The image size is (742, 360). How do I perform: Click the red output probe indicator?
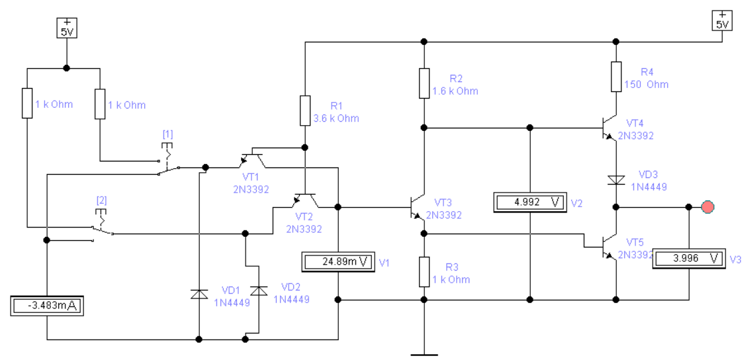tap(708, 206)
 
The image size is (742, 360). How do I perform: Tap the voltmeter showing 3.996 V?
tap(689, 258)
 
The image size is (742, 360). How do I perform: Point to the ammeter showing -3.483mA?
tap(46, 306)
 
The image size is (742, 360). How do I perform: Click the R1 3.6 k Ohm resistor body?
tap(305, 111)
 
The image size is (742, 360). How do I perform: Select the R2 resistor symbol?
tap(424, 83)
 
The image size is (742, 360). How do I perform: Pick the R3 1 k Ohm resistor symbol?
tap(424, 271)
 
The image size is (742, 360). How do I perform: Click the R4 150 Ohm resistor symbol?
tap(616, 76)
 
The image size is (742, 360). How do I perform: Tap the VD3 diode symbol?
tap(616, 180)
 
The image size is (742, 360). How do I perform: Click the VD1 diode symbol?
tap(199, 294)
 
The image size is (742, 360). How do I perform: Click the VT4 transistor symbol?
tap(609, 127)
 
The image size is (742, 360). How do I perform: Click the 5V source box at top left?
tap(66, 28)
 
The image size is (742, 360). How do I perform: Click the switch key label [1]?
tap(167, 134)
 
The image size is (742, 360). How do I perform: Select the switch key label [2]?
tap(102, 200)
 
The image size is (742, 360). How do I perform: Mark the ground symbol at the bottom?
tap(424, 353)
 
